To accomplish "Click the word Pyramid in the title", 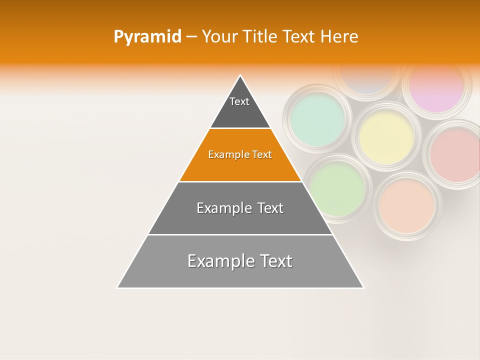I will coord(147,37).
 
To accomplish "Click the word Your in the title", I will coord(219,36).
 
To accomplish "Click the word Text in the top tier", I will coord(239,101).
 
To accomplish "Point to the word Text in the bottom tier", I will coord(274,261).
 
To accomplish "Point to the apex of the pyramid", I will coord(240,75).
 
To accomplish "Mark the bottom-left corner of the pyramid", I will coord(117,287).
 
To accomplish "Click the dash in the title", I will coord(191,37).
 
